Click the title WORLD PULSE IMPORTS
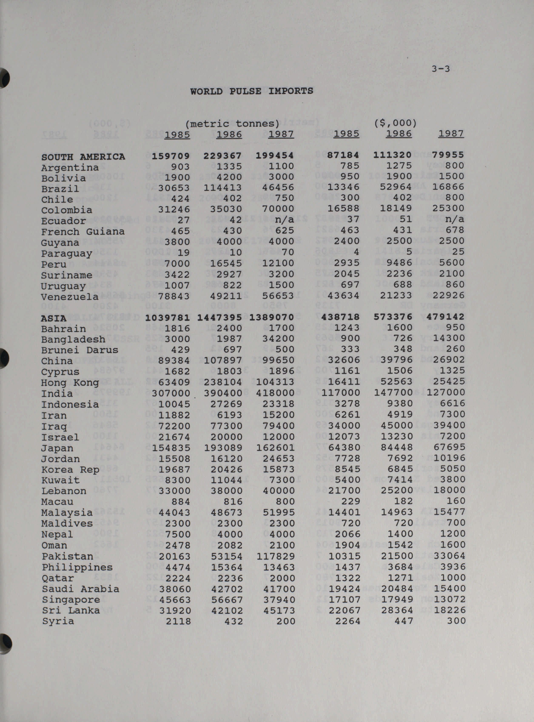click(252, 91)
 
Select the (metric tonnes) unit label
click(232, 123)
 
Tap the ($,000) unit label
click(395, 123)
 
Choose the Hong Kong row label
click(70, 383)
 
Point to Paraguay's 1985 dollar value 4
click(357, 252)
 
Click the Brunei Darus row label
click(80, 350)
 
